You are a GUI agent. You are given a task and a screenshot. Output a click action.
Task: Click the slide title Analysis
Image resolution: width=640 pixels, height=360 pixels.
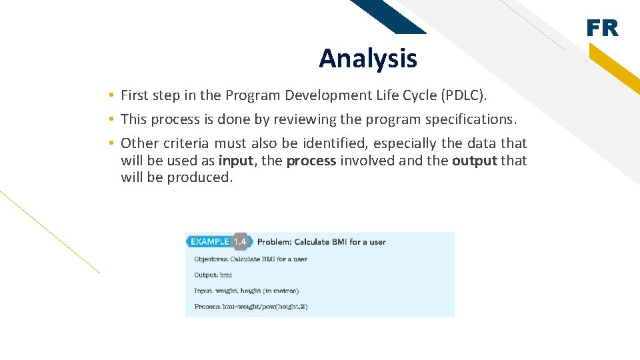point(367,59)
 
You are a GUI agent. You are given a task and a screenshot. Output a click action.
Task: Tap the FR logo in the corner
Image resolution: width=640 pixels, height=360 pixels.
point(602,29)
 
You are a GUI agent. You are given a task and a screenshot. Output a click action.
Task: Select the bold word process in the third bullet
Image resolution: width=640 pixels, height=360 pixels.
point(311,161)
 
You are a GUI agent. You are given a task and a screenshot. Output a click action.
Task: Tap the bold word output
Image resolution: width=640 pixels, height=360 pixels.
point(474,161)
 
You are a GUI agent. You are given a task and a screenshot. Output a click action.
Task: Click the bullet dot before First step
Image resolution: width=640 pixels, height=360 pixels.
point(113,95)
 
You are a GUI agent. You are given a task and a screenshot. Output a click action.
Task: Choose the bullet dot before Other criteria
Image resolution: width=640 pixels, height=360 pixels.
point(113,143)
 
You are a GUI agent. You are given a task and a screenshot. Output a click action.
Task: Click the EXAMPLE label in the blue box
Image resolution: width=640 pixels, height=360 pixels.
point(209,241)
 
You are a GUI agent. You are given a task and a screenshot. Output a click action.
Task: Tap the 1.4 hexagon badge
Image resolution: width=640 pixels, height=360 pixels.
point(240,241)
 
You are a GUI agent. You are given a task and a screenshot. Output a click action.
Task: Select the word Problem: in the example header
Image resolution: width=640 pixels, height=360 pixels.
point(273,242)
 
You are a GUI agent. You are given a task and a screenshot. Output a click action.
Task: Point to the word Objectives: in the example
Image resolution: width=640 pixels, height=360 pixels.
point(210,259)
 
